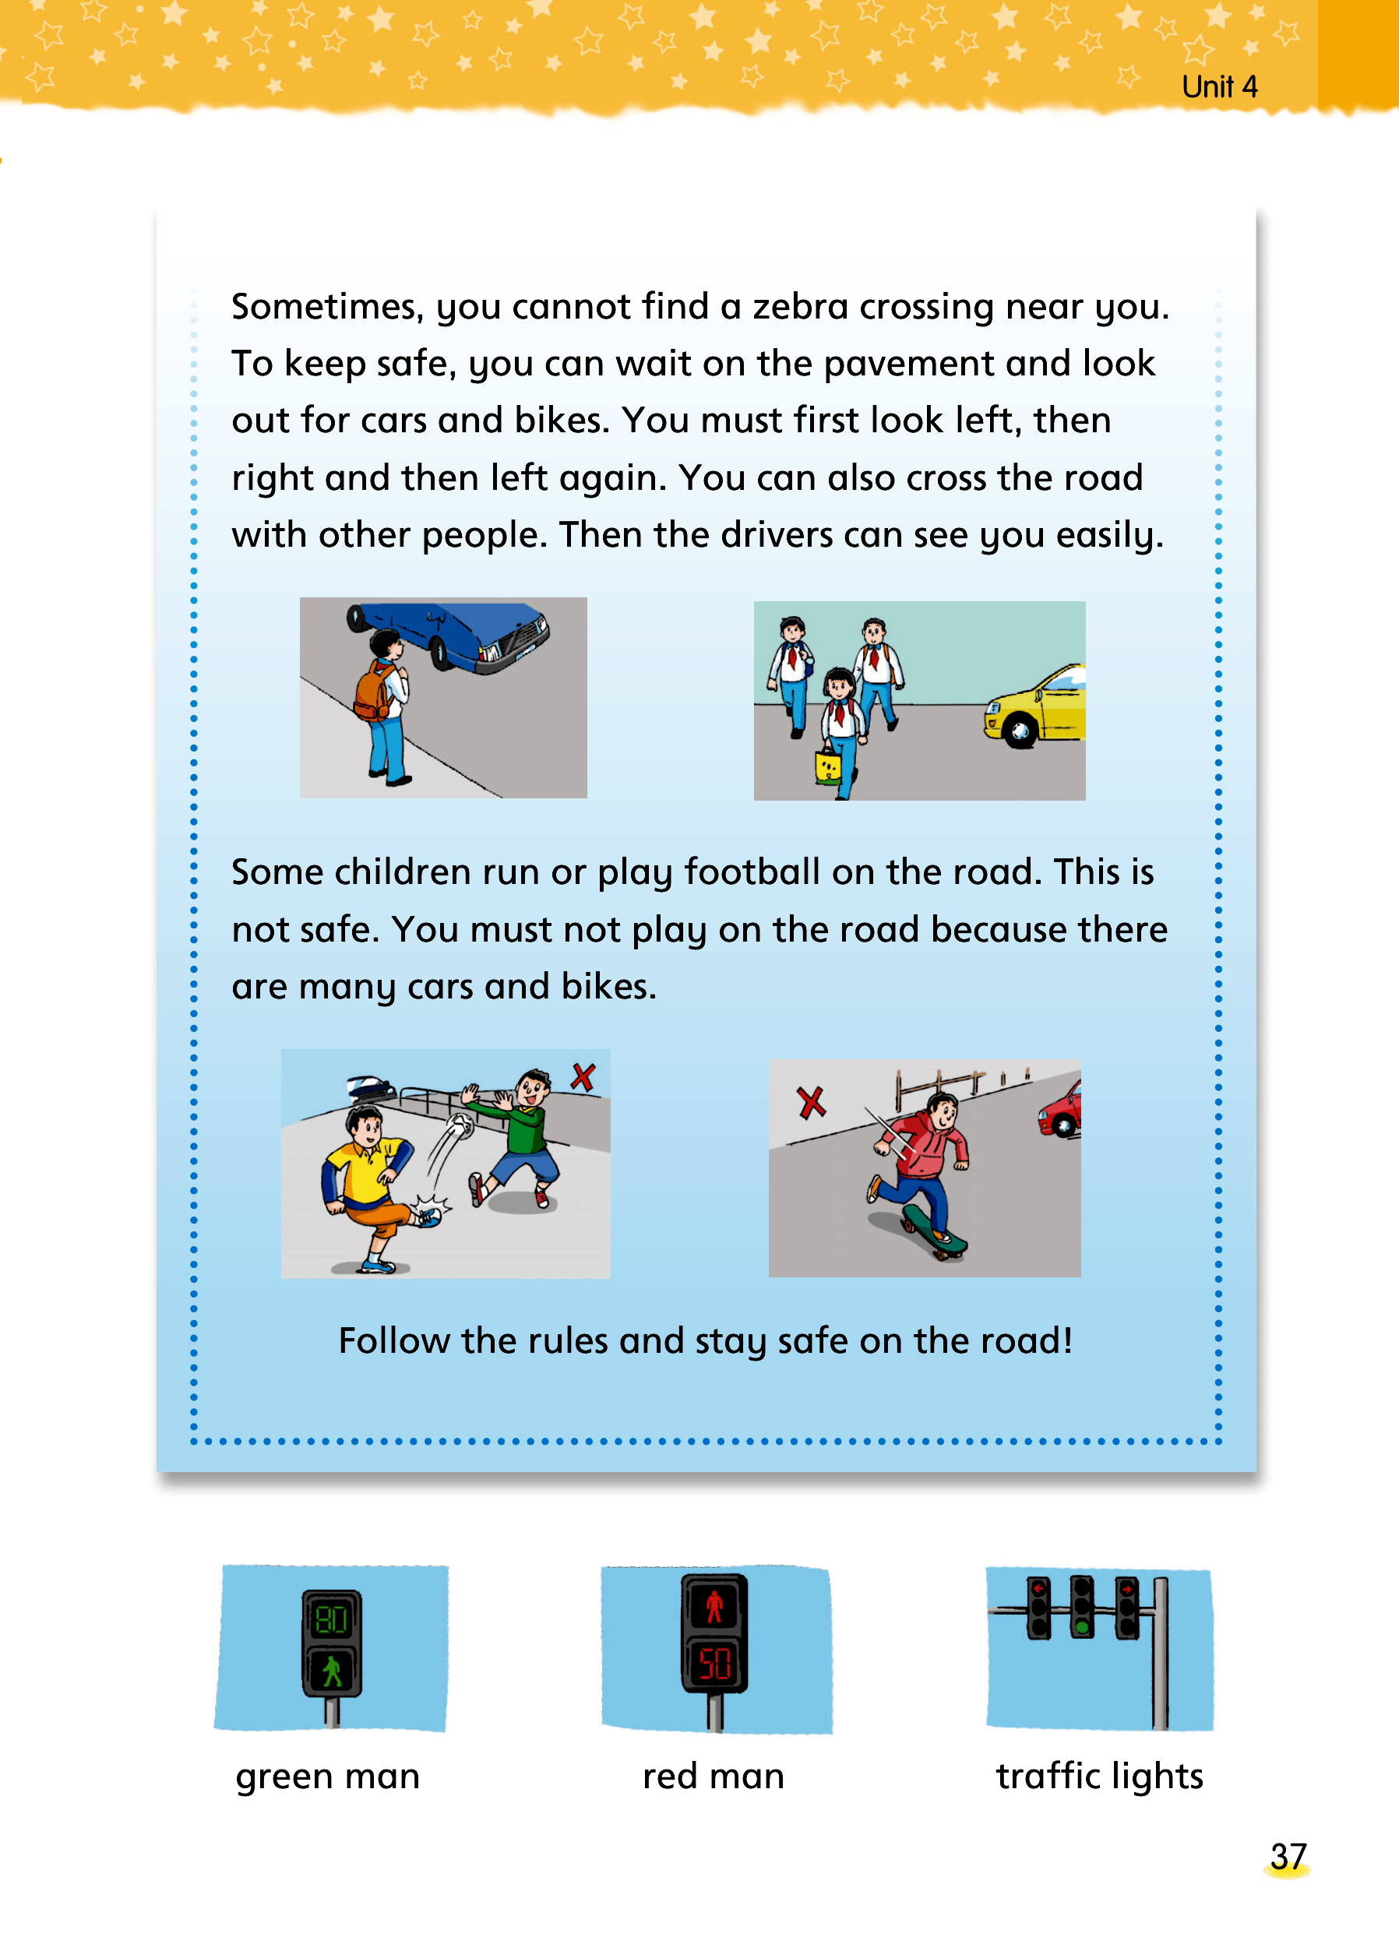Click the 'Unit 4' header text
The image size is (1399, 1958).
[1219, 87]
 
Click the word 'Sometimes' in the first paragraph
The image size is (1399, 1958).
[327, 308]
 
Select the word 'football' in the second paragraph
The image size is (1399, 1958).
[751, 872]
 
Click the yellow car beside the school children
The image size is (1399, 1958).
[1035, 707]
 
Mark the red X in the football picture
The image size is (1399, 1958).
[583, 1077]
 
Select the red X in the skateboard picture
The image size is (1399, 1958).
[811, 1103]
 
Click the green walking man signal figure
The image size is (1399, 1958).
[333, 1672]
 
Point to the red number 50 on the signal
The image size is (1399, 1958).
[715, 1664]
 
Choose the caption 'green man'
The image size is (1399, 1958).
[328, 1777]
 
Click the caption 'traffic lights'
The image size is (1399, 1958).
[1099, 1776]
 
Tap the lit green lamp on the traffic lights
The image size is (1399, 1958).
[1081, 1627]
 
